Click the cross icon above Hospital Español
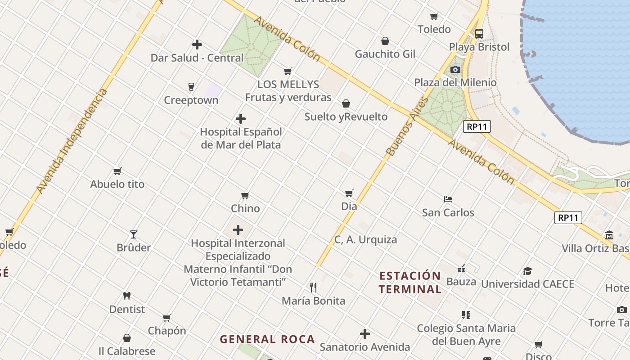pos(241,119)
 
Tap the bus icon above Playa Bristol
pos(479,33)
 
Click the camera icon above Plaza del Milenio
pos(455,69)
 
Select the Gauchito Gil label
pos(385,54)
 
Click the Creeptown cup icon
pos(191,86)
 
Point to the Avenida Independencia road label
pos(72,141)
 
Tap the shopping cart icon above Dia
pos(349,193)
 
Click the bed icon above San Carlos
pos(448,199)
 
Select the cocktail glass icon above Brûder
pos(134,234)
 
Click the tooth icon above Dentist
pos(127,296)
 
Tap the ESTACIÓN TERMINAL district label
pos(409,282)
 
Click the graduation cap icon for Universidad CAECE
pos(527,271)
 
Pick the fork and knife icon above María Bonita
pos(313,287)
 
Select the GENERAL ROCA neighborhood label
pos(267,339)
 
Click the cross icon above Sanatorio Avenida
pos(365,334)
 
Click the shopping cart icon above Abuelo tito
pos(117,171)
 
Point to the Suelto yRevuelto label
pos(346,117)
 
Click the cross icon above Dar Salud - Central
pos(197,45)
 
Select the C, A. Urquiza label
pos(365,239)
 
